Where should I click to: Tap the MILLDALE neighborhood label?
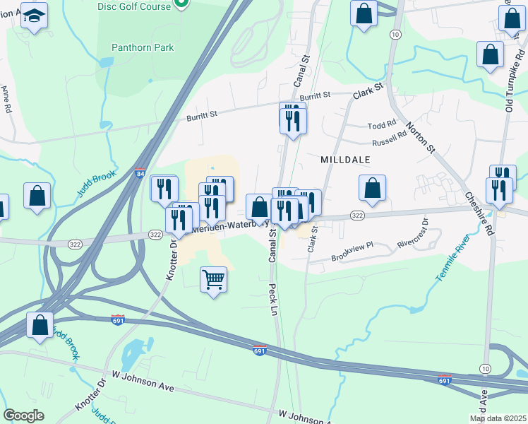[346, 160]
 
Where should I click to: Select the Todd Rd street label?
[382, 125]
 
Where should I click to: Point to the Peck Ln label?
[272, 298]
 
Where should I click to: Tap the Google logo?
[23, 416]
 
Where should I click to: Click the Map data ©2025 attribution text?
[498, 418]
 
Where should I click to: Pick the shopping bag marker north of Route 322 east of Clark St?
[372, 189]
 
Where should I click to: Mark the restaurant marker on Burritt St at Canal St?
[293, 120]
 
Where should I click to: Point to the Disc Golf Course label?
[134, 6]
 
